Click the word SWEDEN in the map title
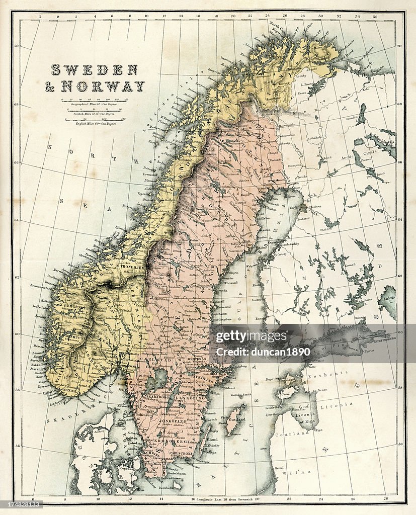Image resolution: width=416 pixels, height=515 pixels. click(94, 69)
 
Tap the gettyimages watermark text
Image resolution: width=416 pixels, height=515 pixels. click(252, 336)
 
